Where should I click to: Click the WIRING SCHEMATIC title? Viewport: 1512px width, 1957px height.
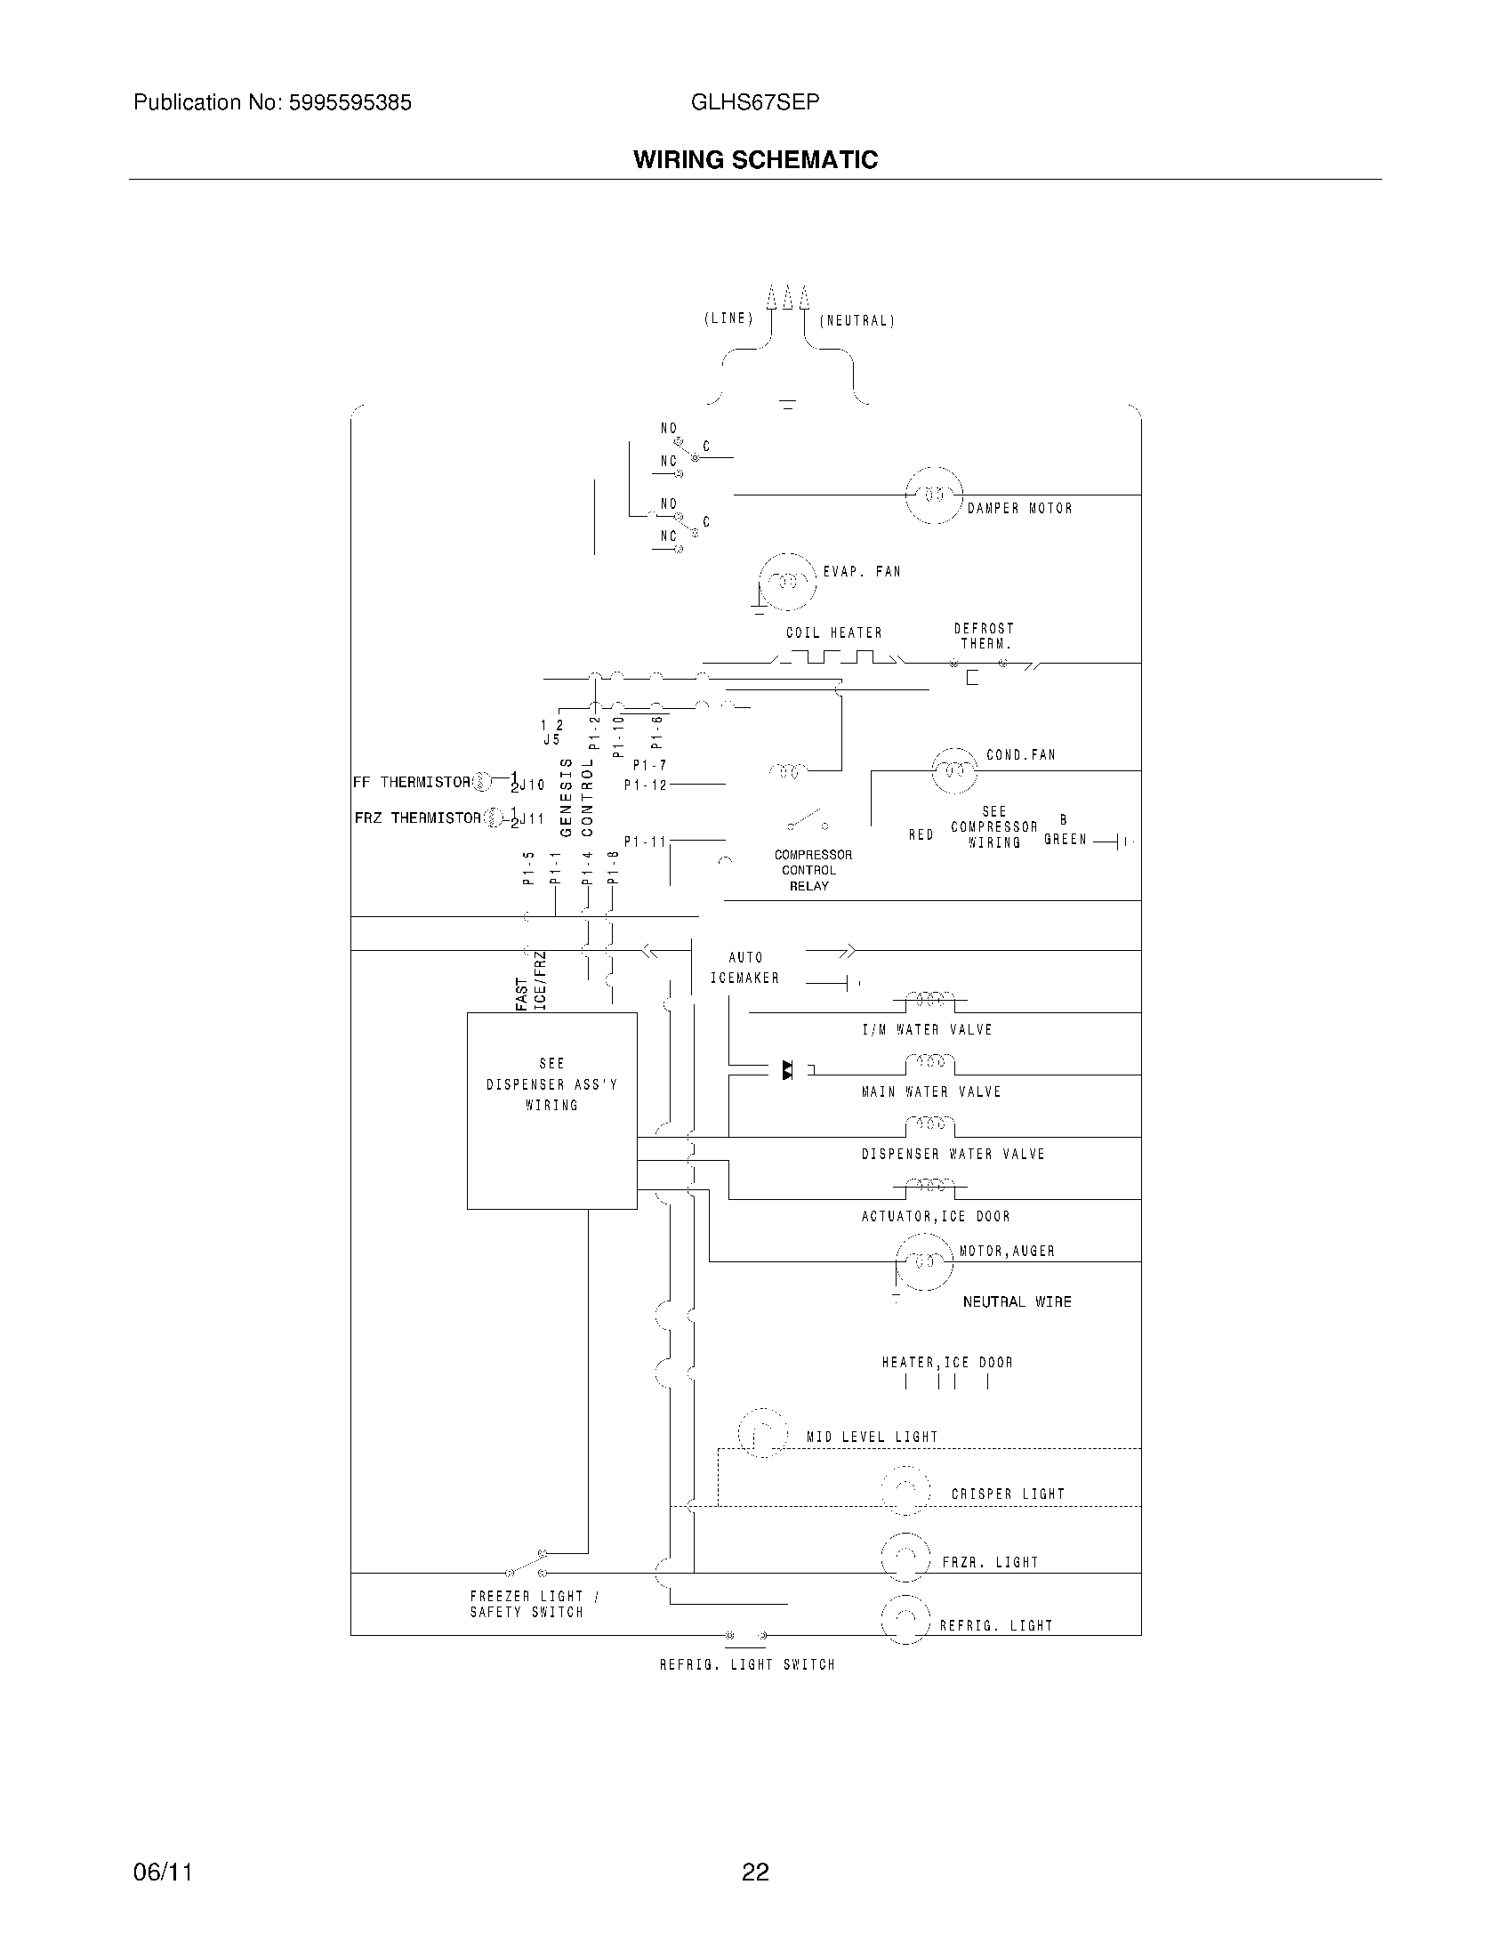[755, 159]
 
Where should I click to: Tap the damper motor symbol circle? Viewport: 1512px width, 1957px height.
[934, 495]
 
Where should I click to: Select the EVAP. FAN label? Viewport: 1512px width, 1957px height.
[862, 571]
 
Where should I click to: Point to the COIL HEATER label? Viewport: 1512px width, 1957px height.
[834, 632]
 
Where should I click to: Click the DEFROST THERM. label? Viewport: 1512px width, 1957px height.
[985, 636]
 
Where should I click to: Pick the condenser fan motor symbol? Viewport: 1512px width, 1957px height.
[954, 769]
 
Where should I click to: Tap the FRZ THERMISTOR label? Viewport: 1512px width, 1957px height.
[417, 817]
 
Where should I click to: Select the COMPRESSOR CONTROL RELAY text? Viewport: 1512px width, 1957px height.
[812, 870]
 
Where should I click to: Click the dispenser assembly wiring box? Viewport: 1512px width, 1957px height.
[551, 1110]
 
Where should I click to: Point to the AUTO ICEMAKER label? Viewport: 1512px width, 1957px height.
[745, 968]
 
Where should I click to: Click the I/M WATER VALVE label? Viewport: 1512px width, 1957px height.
[927, 1029]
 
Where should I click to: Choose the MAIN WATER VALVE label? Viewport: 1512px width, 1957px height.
[930, 1091]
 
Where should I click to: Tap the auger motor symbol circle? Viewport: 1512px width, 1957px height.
[923, 1261]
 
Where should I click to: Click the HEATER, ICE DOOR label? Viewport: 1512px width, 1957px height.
[947, 1362]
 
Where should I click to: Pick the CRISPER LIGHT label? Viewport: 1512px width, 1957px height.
[1008, 1494]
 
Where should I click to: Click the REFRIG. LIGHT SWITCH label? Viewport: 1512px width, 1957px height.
[747, 1664]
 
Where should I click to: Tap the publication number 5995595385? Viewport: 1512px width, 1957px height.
[349, 103]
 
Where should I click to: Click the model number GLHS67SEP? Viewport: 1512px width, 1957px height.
[755, 102]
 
